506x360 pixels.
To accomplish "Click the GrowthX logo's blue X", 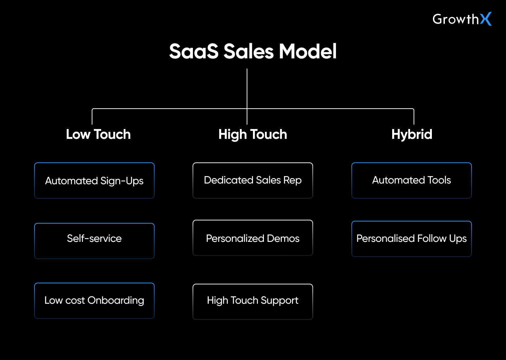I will pos(486,19).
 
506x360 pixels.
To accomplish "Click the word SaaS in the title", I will pos(194,51).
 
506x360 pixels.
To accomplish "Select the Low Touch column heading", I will pos(98,134).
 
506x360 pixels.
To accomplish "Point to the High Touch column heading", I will pos(253,134).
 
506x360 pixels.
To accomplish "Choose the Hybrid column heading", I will pos(411,134).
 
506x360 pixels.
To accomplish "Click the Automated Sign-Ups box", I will pos(94,181).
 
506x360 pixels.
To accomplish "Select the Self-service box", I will pos(94,241).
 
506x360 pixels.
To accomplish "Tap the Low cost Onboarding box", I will pos(94,301).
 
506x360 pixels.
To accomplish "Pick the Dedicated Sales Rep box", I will pos(253,180).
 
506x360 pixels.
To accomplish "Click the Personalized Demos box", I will pos(253,238).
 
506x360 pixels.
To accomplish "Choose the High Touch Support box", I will pos(253,302).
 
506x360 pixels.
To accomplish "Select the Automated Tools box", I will pos(411,180).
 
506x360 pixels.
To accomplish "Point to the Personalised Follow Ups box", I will pos(411,239).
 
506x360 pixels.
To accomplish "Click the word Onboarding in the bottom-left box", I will pos(116,301).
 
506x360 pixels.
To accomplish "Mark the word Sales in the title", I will pos(248,51).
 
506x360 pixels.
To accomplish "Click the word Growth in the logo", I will pos(455,19).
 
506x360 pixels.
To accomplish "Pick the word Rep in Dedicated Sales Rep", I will pos(292,180).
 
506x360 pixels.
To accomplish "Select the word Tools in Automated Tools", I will pos(439,180).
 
